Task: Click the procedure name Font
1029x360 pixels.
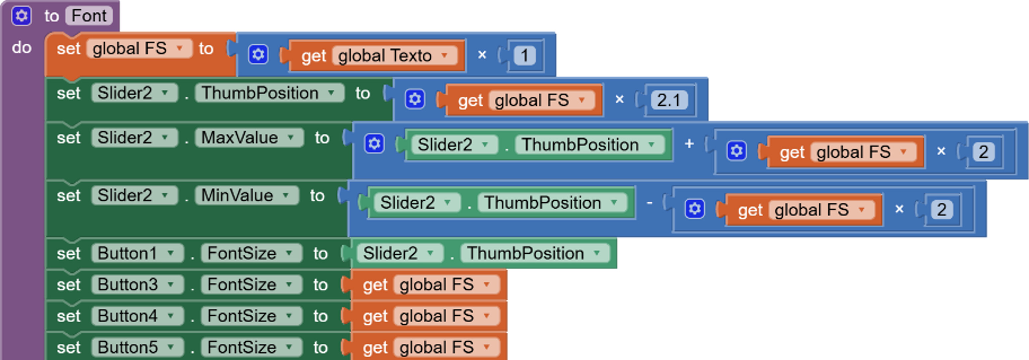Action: tap(89, 16)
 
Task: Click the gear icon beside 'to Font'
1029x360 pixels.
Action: tap(21, 16)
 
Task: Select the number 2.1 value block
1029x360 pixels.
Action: tap(669, 100)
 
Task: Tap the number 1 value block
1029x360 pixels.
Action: tap(524, 56)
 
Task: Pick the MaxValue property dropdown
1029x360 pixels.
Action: tap(248, 138)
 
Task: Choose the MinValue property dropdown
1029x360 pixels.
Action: tap(246, 196)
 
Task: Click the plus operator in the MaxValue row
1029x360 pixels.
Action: tap(689, 144)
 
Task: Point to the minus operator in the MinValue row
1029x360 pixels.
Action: tap(650, 203)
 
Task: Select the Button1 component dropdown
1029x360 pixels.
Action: tap(137, 253)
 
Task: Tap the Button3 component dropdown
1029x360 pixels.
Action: tap(137, 285)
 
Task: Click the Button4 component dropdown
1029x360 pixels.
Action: tap(137, 316)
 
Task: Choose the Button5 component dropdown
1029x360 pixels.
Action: tap(137, 347)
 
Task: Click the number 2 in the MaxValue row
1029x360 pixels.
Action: tap(983, 152)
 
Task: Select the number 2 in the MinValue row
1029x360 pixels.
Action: tap(942, 209)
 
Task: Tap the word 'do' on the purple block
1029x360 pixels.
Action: tap(22, 48)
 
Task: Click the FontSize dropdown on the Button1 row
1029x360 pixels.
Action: tap(251, 253)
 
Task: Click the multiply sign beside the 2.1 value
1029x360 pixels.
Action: tap(619, 99)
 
